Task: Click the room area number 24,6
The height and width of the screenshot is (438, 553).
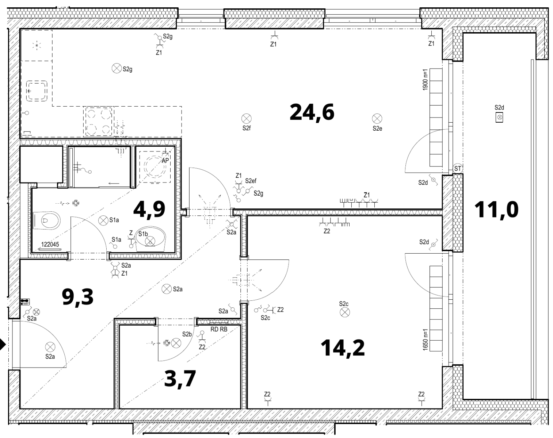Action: pyautogui.click(x=312, y=112)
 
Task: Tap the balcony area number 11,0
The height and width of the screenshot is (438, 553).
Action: pyautogui.click(x=496, y=210)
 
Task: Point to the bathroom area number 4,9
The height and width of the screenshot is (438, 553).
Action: pyautogui.click(x=149, y=209)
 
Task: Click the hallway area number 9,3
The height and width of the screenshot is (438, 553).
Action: pyautogui.click(x=77, y=297)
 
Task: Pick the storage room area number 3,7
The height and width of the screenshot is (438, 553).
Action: pyautogui.click(x=180, y=379)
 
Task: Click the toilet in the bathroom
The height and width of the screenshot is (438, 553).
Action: pyautogui.click(x=46, y=220)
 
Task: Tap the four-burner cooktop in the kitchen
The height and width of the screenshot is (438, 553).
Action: pyautogui.click(x=98, y=122)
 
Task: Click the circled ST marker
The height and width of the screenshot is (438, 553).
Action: pyautogui.click(x=457, y=168)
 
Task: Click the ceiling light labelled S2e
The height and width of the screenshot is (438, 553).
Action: pyautogui.click(x=377, y=118)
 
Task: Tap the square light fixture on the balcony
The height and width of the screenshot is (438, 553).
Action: pyautogui.click(x=499, y=118)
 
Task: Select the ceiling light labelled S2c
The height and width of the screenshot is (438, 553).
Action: pyautogui.click(x=344, y=312)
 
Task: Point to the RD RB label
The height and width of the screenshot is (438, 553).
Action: pyautogui.click(x=219, y=328)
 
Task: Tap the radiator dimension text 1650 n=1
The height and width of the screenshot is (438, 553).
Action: pyautogui.click(x=425, y=340)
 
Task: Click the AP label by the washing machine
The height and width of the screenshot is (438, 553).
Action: pyautogui.click(x=165, y=160)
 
